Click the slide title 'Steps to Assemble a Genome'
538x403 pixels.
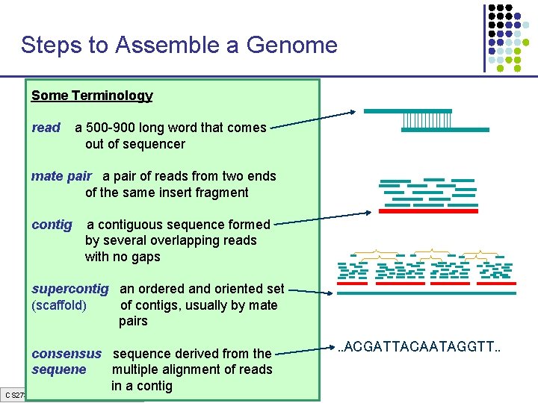tap(179, 46)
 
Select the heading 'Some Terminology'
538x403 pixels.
tap(92, 96)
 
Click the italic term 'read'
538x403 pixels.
tap(46, 128)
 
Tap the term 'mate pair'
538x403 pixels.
tap(61, 176)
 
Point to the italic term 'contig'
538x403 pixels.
tap(52, 225)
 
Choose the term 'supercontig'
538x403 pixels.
tap(70, 289)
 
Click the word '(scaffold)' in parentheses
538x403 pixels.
tap(59, 305)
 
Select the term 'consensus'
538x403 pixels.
tap(67, 354)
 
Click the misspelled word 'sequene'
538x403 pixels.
tap(59, 369)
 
